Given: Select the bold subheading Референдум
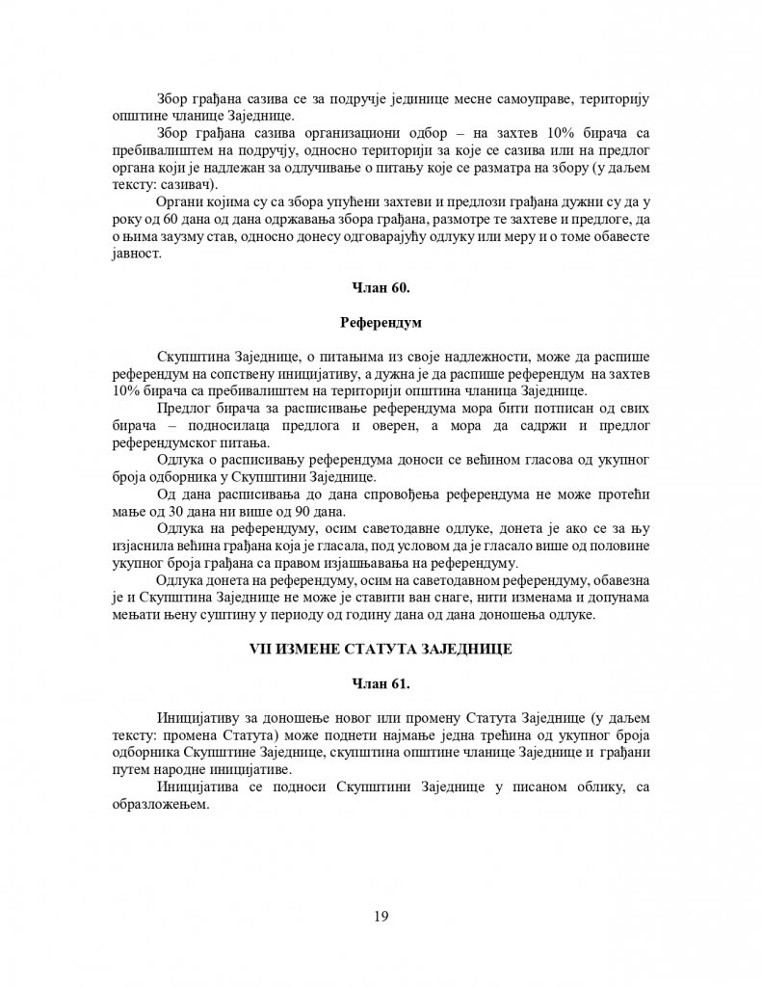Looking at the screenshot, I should pyautogui.click(x=381, y=321).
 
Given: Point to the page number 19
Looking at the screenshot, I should pyautogui.click(x=381, y=916).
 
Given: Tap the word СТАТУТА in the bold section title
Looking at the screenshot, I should pyautogui.click(x=378, y=651).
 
